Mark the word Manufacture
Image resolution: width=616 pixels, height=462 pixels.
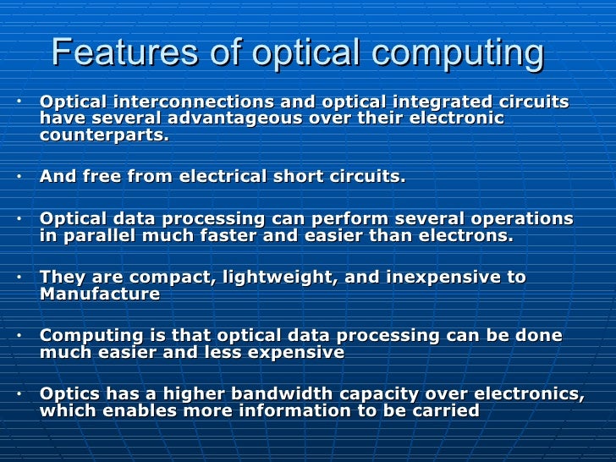click(100, 294)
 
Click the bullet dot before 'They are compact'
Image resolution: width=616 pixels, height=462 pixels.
click(19, 277)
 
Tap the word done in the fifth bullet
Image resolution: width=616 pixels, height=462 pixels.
click(538, 336)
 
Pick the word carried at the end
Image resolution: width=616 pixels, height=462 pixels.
click(440, 411)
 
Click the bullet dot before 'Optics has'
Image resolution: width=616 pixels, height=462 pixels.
click(19, 393)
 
